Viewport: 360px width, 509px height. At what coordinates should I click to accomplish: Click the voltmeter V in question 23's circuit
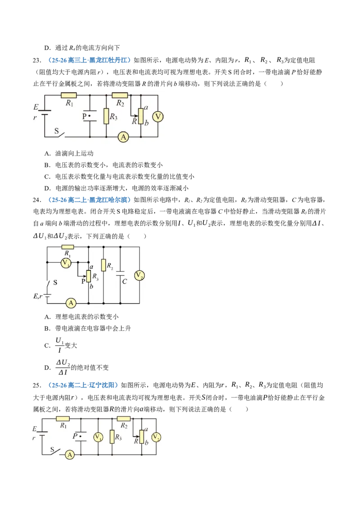158,116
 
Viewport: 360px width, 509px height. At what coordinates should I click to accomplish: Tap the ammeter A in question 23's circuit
123,137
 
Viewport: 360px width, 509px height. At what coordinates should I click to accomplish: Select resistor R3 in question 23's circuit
106,116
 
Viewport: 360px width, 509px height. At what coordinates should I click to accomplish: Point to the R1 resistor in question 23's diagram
69,95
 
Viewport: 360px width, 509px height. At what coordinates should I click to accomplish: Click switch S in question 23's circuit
60,134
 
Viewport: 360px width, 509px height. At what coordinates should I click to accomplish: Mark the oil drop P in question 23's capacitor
90,116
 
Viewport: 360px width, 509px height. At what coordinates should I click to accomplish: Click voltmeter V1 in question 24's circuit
66,263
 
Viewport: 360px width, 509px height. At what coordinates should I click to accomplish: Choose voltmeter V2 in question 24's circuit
139,276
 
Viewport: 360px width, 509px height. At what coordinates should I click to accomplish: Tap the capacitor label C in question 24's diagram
125,281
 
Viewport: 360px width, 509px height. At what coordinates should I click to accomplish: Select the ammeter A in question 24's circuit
71,303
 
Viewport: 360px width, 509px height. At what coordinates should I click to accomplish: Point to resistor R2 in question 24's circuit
103,265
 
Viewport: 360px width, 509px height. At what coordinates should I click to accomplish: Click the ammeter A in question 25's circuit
70,455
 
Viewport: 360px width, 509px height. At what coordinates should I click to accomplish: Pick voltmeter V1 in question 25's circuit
98,437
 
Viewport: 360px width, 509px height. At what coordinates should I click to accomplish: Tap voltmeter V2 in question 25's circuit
156,437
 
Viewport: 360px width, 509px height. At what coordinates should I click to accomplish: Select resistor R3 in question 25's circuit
112,437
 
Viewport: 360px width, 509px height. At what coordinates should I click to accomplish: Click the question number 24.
37,200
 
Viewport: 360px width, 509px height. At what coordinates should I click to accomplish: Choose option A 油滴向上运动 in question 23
69,153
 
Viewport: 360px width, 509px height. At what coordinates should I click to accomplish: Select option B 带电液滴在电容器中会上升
87,328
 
